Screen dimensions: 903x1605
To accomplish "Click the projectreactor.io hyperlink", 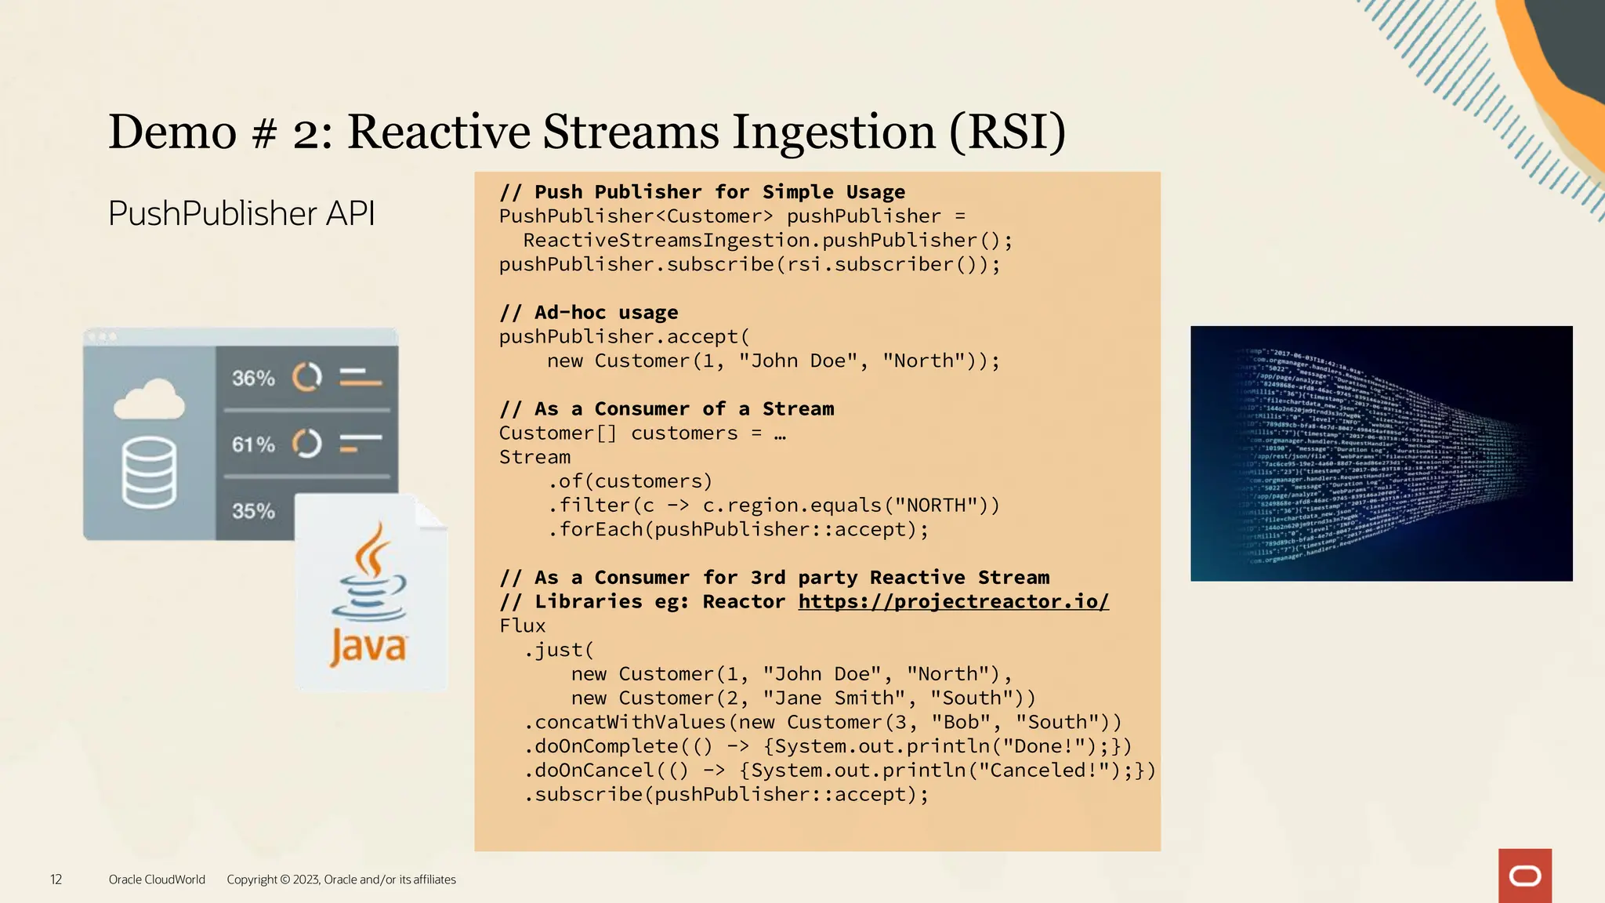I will [x=953, y=601].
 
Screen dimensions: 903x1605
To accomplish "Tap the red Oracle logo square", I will [x=1524, y=876].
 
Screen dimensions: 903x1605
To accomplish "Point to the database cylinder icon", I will [x=149, y=473].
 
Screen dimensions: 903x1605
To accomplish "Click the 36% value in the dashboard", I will [x=253, y=379].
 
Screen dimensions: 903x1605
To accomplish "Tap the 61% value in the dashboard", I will [x=253, y=444].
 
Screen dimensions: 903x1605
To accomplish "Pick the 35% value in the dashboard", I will [x=253, y=511].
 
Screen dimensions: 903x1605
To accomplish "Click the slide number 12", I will [x=56, y=879].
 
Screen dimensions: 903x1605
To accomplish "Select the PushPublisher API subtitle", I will [x=241, y=213].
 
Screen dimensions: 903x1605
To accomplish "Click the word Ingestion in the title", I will [x=834, y=131].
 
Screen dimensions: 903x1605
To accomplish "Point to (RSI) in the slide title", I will [x=1007, y=131].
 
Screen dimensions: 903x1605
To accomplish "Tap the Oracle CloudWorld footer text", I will [x=157, y=879].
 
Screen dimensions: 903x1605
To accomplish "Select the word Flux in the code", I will [x=523, y=626].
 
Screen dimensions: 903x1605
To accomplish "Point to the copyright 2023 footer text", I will [x=341, y=879].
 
